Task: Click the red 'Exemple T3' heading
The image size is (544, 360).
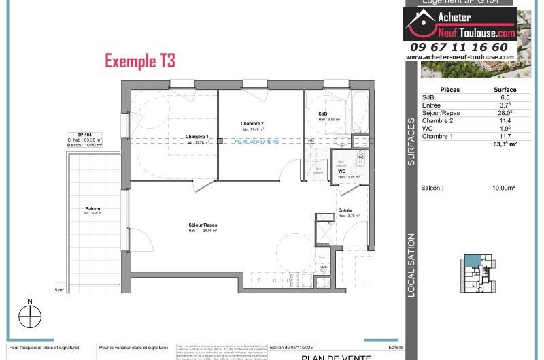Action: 140,61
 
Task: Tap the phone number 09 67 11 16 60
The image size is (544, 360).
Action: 459,47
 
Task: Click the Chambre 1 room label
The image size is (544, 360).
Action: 197,137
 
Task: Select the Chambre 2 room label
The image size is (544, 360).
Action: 252,123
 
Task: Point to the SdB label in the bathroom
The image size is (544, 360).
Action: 323,114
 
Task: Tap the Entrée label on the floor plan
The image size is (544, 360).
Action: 346,210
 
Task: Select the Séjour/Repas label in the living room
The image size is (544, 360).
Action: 203,225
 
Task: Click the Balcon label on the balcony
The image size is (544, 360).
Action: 93,208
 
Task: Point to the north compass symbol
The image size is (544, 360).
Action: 30,316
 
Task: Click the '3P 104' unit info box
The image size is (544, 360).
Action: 85,140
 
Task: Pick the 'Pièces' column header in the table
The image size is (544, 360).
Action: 450,90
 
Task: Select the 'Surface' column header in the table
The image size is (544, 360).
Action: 505,90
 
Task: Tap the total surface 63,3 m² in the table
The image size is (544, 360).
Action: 505,144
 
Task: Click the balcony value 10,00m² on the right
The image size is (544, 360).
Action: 504,187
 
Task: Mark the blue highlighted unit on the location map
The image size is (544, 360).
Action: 471,262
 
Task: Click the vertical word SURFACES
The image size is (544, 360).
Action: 411,142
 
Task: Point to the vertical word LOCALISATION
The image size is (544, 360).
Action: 411,265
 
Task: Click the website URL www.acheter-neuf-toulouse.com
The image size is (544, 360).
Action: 459,57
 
